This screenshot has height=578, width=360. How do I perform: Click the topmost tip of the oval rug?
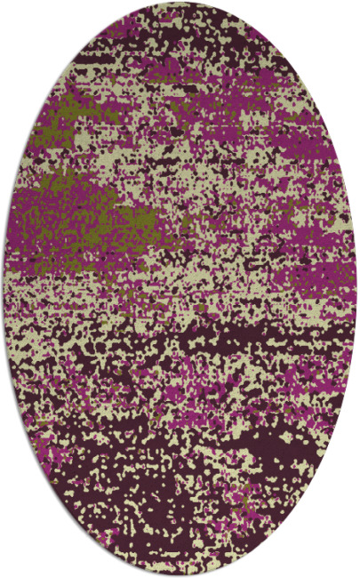tap(180, 4)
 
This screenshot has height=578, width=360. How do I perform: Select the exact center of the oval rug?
tap(180, 289)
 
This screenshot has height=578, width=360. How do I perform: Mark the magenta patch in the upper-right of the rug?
tap(267, 133)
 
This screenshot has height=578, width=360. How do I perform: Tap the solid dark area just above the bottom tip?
tap(180, 547)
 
